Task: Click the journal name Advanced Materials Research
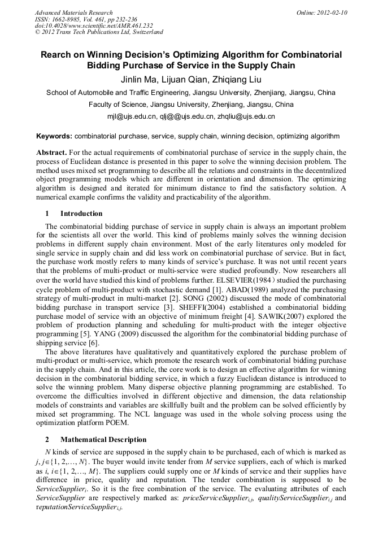(x=73, y=12)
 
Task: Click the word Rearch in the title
(x=56, y=55)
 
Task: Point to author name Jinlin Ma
(x=141, y=79)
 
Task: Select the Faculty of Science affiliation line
(x=191, y=105)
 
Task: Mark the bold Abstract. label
(x=51, y=153)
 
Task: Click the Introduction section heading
(x=81, y=214)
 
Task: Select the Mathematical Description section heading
(x=103, y=440)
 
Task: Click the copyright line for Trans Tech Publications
(x=99, y=32)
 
